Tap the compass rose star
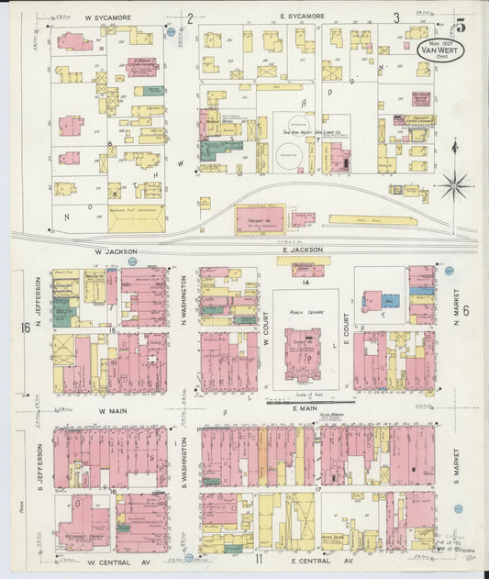click(454, 186)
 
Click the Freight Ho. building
click(260, 219)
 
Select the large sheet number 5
click(459, 25)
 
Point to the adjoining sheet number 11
click(260, 559)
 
